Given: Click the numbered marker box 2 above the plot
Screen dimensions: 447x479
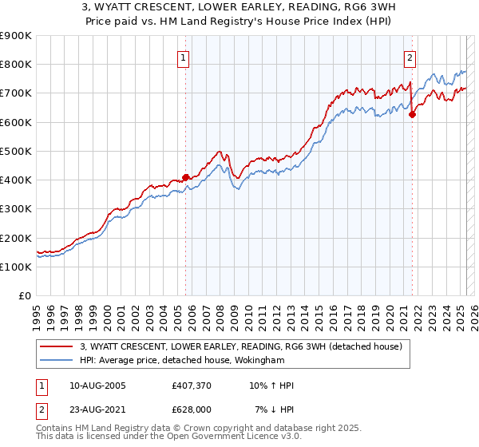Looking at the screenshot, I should pyautogui.click(x=410, y=57).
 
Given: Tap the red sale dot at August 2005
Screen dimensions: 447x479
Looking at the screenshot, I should pyautogui.click(x=185, y=177).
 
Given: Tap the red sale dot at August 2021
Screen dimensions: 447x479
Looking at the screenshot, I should pyautogui.click(x=413, y=114).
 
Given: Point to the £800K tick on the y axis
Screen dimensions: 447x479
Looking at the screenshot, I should pyautogui.click(x=16, y=65).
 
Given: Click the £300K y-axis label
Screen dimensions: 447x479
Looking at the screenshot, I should pyautogui.click(x=16, y=209).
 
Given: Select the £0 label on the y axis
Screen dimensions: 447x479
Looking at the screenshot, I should pyautogui.click(x=24, y=296).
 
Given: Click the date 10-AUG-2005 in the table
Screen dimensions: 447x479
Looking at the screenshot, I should pyautogui.click(x=97, y=386).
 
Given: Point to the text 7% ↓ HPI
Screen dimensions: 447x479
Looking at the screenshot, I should pyautogui.click(x=275, y=409).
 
